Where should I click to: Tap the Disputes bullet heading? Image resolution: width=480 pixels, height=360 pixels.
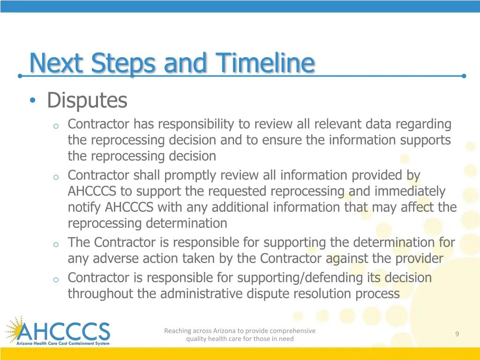[87, 100]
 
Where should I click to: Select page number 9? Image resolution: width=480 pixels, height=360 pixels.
[457, 334]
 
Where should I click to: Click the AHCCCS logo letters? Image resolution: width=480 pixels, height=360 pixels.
[63, 331]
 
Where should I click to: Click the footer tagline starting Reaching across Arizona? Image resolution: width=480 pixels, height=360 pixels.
[240, 334]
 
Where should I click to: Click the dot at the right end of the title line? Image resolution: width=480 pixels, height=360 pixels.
[464, 75]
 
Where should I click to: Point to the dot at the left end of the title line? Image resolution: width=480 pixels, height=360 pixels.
[20, 75]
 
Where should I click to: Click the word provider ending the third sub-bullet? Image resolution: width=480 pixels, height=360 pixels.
[419, 258]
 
